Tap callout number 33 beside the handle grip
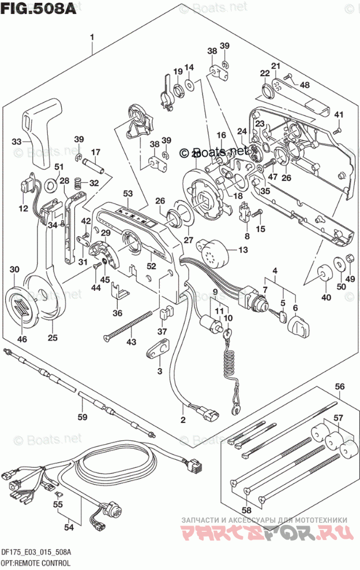17,141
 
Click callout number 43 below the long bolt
132,343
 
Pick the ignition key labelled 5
282,316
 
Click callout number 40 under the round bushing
327,298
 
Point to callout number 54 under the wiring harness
69,526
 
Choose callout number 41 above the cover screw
338,114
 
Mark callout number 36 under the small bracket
118,313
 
